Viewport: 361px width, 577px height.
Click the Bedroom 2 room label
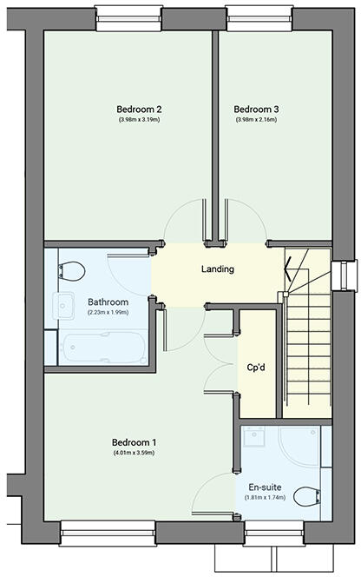(x=140, y=109)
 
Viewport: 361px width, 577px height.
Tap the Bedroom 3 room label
(x=256, y=109)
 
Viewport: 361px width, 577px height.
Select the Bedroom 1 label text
(x=133, y=441)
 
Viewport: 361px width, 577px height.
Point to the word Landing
(x=217, y=269)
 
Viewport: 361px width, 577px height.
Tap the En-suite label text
(x=266, y=487)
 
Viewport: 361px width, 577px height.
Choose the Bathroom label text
(x=108, y=302)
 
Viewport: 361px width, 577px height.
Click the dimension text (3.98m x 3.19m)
(x=140, y=120)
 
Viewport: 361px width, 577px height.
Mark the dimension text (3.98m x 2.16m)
(x=256, y=120)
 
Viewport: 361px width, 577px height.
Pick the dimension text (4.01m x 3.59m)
(x=133, y=453)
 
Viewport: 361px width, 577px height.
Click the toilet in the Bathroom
(x=74, y=269)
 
